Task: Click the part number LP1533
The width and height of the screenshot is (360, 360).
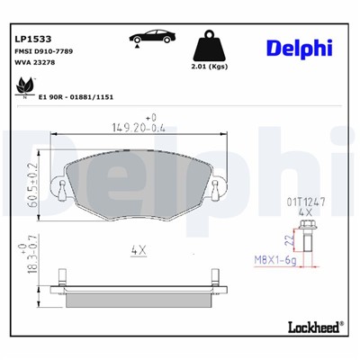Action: (33, 39)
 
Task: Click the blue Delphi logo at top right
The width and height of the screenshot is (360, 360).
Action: (299, 49)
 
